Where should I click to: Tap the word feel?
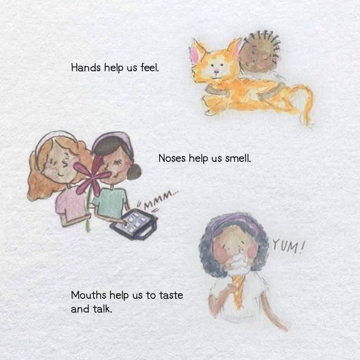[x=150, y=66]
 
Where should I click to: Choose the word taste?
[x=170, y=295]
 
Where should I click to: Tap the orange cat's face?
[x=216, y=69]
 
